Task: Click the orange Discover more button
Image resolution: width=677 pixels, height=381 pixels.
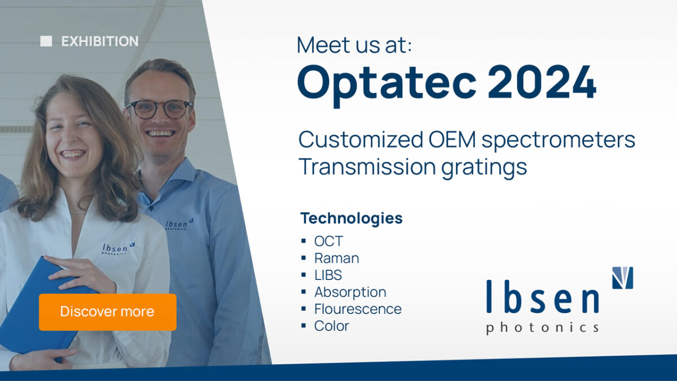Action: coord(107,312)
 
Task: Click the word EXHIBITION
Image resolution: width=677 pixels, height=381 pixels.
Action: coord(100,41)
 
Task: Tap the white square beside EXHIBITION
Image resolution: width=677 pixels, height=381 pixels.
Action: coord(46,41)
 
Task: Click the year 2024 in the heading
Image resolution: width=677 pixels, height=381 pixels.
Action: coord(542,82)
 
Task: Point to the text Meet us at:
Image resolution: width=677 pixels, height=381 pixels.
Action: coord(354,45)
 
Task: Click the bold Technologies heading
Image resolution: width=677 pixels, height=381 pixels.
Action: coord(351,218)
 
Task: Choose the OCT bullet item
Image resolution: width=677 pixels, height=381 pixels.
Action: coord(328,242)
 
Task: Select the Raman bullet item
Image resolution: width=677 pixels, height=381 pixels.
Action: coord(336,259)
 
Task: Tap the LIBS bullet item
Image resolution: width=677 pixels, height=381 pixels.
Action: coord(328,275)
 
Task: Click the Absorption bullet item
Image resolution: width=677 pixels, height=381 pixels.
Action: coord(350,292)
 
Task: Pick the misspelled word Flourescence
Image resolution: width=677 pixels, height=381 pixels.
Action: coord(358,309)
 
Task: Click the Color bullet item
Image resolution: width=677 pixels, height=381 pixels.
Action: coord(331,326)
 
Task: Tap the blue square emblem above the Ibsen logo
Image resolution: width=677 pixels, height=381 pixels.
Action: coord(622,278)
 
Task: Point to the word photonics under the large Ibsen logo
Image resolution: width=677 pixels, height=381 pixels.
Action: coord(542,327)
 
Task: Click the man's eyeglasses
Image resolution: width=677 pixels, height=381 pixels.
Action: coord(159,108)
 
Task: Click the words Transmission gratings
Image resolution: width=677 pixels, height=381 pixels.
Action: coord(412,167)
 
